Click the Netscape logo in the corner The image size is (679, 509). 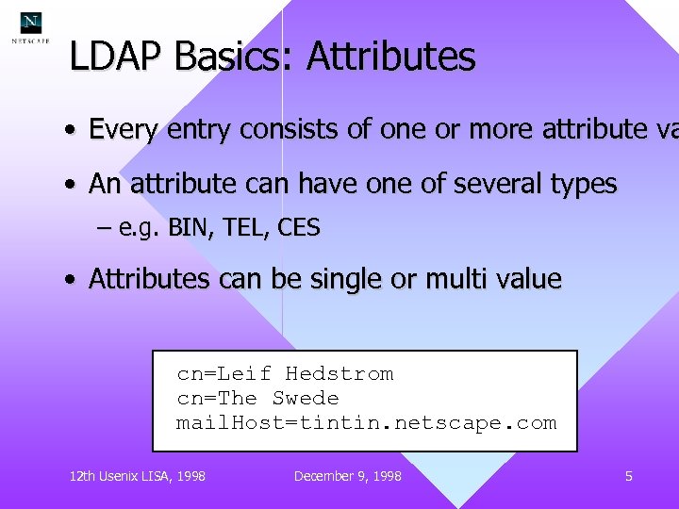31,27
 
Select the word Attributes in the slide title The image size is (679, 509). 390,57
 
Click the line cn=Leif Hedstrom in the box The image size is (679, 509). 285,374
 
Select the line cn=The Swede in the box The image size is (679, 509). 257,399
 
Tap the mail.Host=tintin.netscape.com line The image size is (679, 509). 366,423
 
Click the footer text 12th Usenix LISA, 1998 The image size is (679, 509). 138,476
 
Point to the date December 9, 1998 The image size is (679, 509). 347,476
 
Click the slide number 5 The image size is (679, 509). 628,476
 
